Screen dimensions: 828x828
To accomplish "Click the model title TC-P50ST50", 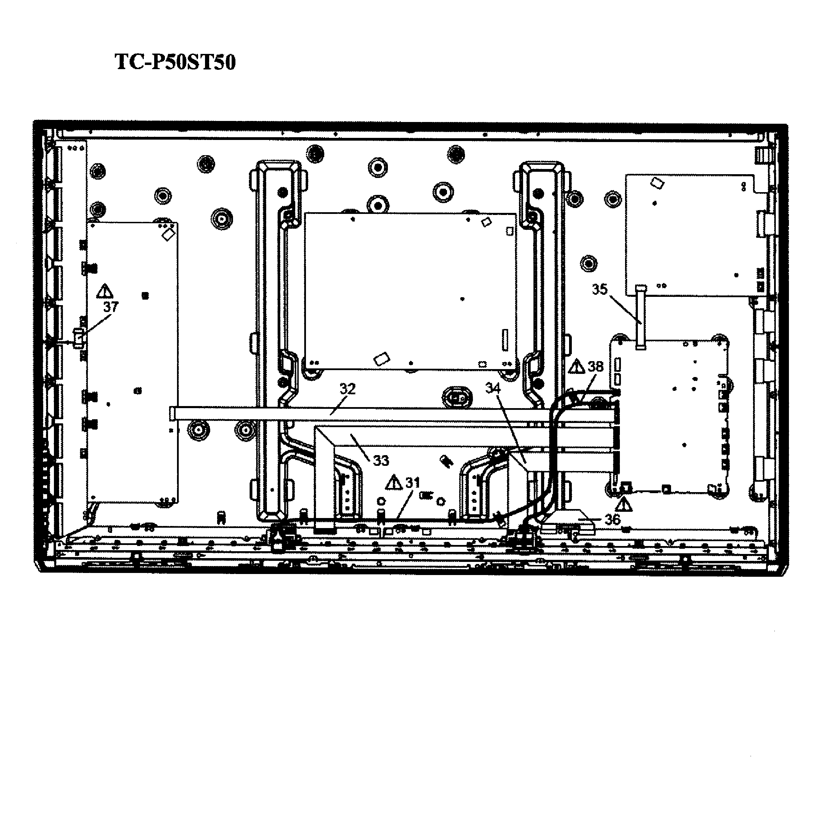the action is point(175,62).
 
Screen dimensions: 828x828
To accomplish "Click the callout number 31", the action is point(412,483).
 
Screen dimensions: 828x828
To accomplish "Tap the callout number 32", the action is point(348,389).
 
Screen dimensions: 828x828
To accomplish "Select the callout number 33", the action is point(381,460).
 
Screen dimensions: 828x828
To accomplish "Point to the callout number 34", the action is point(493,388).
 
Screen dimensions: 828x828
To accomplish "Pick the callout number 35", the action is point(600,289).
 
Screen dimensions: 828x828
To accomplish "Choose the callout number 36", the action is point(612,519).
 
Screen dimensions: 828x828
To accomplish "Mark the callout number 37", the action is point(111,307).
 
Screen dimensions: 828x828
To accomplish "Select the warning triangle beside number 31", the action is point(394,482).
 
